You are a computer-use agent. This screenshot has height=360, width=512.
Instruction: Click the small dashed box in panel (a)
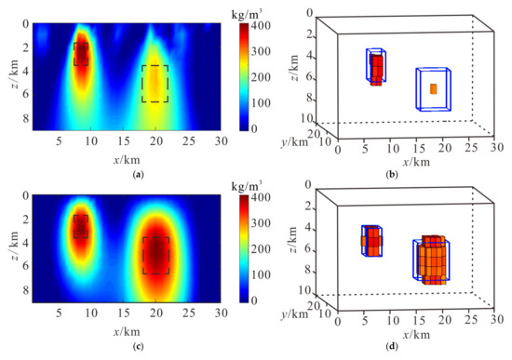[x=81, y=54]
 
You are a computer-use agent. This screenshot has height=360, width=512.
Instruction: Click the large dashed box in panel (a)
[x=155, y=84]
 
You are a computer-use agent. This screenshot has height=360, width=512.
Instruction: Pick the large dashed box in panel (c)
[x=155, y=254]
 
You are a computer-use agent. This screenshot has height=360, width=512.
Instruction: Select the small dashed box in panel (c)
[x=81, y=226]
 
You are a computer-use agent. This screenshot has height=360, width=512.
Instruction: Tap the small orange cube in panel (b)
[x=433, y=88]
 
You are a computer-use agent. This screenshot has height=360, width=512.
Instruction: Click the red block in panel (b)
[x=376, y=70]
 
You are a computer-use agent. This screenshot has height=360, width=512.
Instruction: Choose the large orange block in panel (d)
[x=433, y=259]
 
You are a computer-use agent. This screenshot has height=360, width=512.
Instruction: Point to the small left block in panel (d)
[x=371, y=240]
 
